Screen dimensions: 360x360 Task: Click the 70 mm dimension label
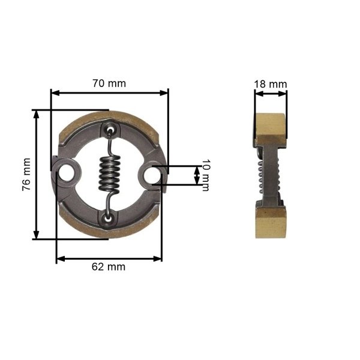pyautogui.click(x=109, y=83)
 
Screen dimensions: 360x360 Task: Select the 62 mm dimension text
pyautogui.click(x=109, y=267)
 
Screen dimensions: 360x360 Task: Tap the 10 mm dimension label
pyautogui.click(x=205, y=175)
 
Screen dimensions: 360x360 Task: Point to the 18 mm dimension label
pyautogui.click(x=271, y=84)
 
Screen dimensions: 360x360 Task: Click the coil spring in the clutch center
pyautogui.click(x=109, y=174)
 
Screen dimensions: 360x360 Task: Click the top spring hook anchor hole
pyautogui.click(x=110, y=128)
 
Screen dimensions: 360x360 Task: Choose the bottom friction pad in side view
pyautogui.click(x=271, y=221)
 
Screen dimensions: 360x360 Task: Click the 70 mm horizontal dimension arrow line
pyautogui.click(x=109, y=92)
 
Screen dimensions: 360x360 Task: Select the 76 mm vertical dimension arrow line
pyautogui.click(x=37, y=175)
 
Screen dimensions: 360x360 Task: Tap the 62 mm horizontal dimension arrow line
pyautogui.click(x=109, y=259)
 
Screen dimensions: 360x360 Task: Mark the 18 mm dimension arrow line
pyautogui.click(x=271, y=92)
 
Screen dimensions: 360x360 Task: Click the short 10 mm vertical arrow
pyautogui.click(x=196, y=175)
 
